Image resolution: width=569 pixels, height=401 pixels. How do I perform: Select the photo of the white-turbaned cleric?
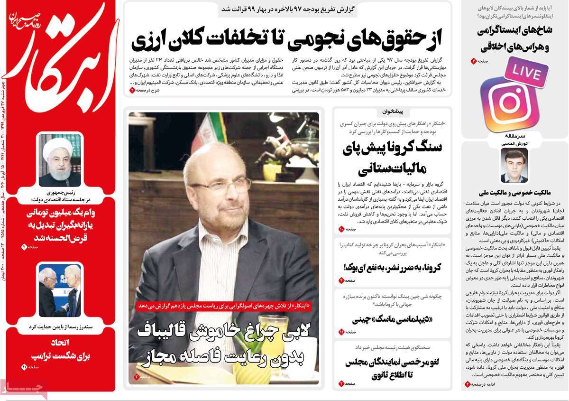pyautogui.click(x=60, y=160)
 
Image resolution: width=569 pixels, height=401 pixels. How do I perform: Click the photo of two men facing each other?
pyautogui.click(x=60, y=290)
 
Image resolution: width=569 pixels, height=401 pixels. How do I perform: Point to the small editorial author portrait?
pyautogui.click(x=514, y=165)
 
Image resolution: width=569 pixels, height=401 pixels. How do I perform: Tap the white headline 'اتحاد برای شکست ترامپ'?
pyautogui.click(x=59, y=349)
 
